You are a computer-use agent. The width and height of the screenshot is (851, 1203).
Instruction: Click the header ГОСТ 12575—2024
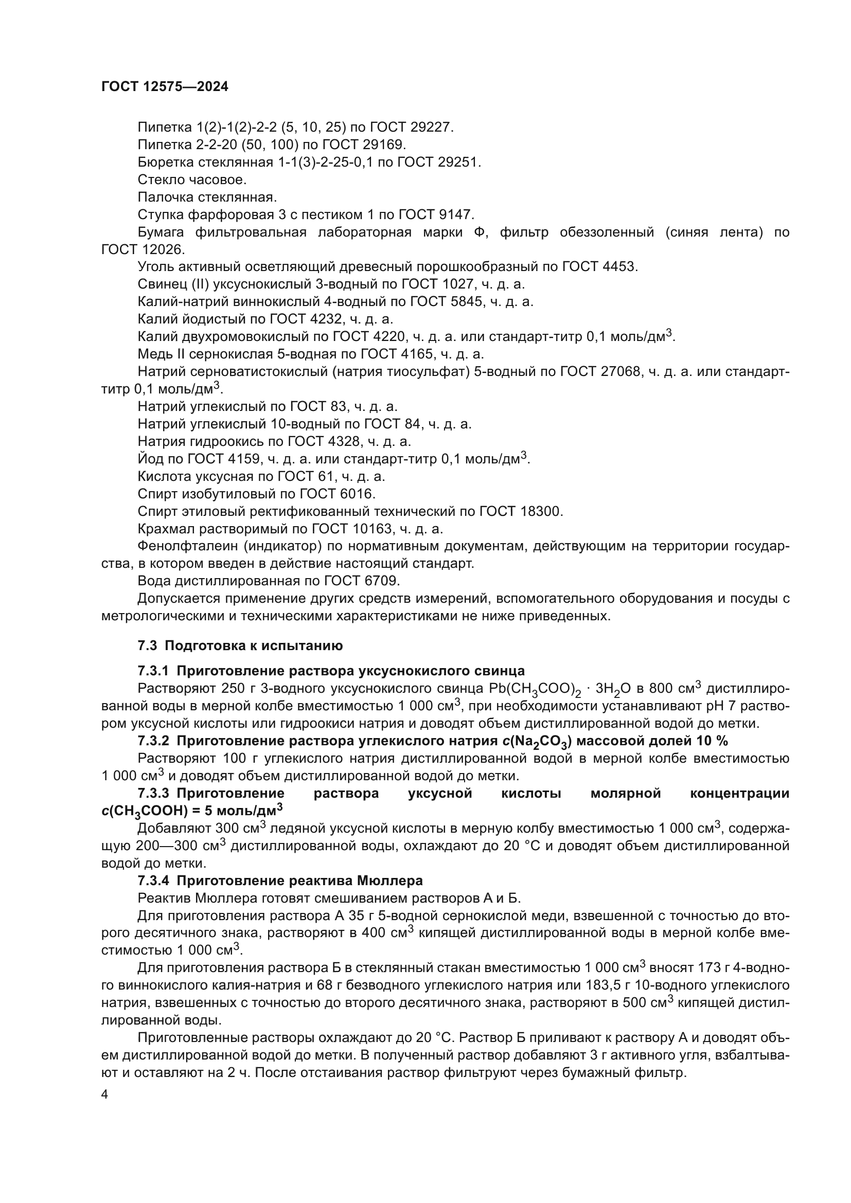(165, 87)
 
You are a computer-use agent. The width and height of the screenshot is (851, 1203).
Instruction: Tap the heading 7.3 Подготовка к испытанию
(240, 645)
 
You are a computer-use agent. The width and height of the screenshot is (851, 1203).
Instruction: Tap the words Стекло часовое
(192, 179)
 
